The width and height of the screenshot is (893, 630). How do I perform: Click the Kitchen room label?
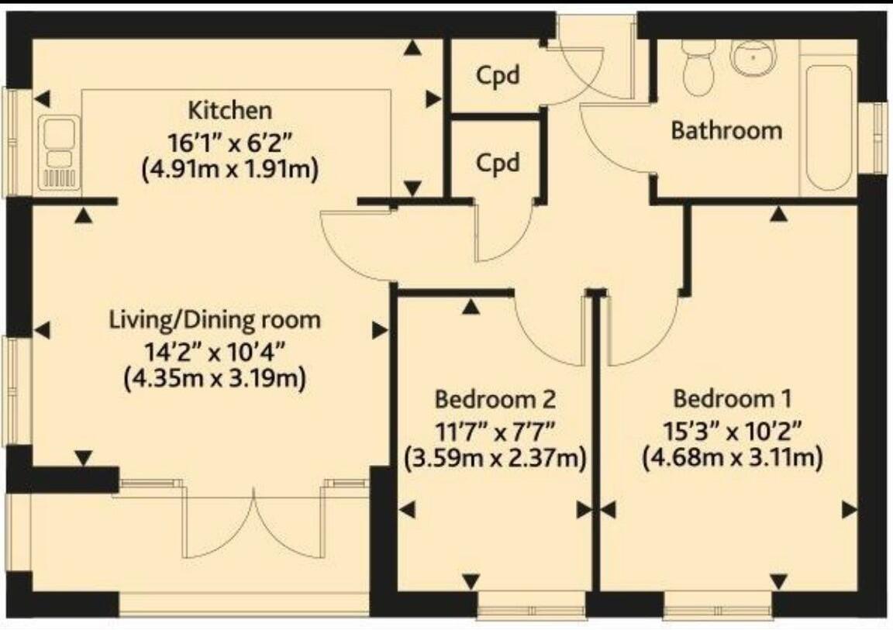(231, 109)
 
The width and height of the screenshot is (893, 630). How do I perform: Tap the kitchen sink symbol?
(59, 153)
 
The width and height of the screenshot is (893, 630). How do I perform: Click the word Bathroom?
(726, 130)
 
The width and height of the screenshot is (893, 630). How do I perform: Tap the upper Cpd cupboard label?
(496, 76)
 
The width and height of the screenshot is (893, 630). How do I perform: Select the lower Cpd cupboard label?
(496, 164)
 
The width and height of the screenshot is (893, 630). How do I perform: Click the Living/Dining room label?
(215, 319)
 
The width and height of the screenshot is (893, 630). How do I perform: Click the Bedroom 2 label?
(495, 400)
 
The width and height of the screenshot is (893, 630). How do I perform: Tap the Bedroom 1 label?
(732, 400)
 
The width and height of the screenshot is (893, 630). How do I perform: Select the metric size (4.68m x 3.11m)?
(732, 458)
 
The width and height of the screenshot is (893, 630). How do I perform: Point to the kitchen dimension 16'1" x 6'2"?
(231, 142)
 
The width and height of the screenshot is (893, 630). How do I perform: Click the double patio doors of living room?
(254, 523)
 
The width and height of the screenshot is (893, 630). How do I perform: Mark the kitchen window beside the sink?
(14, 141)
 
